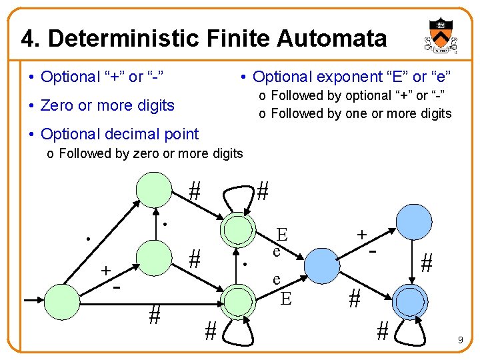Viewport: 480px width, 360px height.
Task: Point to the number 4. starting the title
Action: tap(31, 38)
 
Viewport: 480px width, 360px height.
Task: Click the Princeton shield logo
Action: tap(439, 37)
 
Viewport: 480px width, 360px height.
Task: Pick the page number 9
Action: tap(460, 341)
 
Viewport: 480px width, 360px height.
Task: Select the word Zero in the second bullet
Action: tap(58, 105)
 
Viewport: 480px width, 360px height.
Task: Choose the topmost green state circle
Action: tap(154, 191)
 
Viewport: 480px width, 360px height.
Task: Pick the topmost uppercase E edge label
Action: tap(282, 234)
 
